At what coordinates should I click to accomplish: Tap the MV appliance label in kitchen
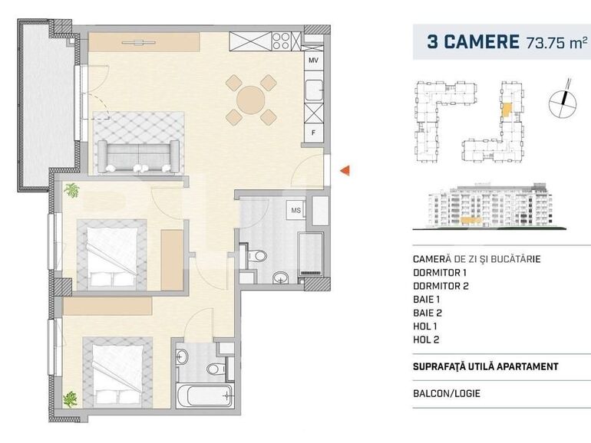pyautogui.click(x=313, y=60)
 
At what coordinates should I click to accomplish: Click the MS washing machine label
pyautogui.click(x=295, y=208)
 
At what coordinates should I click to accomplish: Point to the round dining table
pyautogui.click(x=251, y=99)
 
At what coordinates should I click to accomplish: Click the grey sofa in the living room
pyautogui.click(x=139, y=156)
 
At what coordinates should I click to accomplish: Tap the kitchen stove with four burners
pyautogui.click(x=284, y=38)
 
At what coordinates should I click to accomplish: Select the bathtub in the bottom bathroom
pyautogui.click(x=203, y=396)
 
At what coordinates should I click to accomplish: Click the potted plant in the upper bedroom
pyautogui.click(x=72, y=190)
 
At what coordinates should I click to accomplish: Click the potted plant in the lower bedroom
pyautogui.click(x=71, y=398)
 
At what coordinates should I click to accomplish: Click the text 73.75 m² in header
pyautogui.click(x=556, y=42)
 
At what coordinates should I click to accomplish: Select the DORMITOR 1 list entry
pyautogui.click(x=440, y=272)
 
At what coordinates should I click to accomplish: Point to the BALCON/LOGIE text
pyautogui.click(x=447, y=394)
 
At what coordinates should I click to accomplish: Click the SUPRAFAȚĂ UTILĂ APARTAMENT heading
pyautogui.click(x=485, y=366)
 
